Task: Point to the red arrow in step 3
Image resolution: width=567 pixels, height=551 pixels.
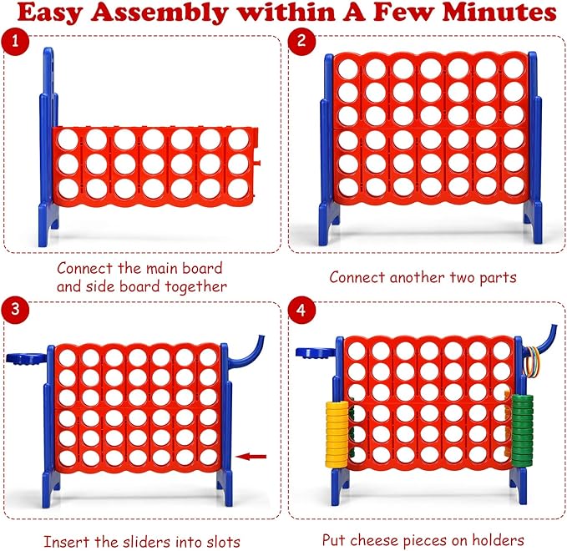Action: pyautogui.click(x=251, y=456)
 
